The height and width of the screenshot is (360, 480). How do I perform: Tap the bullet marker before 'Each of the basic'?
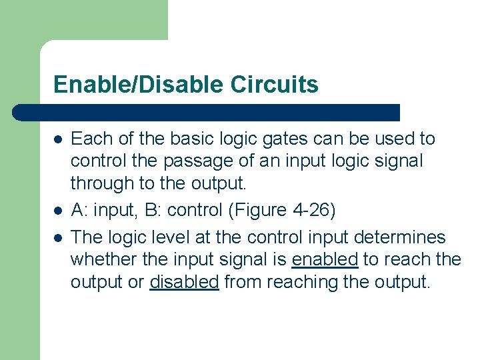point(59,139)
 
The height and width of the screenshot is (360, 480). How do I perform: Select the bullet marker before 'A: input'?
point(59,211)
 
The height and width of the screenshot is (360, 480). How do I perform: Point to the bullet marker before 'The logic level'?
point(59,238)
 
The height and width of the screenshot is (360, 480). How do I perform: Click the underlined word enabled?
point(325,260)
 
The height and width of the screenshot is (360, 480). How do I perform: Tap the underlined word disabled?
point(184,283)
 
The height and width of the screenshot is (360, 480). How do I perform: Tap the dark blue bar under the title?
point(207,112)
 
